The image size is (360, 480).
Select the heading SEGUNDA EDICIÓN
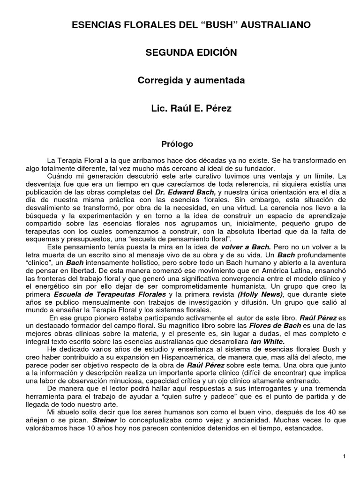(x=191, y=53)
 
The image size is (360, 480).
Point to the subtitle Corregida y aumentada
(x=191, y=81)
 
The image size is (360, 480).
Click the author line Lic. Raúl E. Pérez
(x=191, y=108)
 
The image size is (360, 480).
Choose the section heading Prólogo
(x=177, y=143)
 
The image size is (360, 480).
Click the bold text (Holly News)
(x=261, y=294)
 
